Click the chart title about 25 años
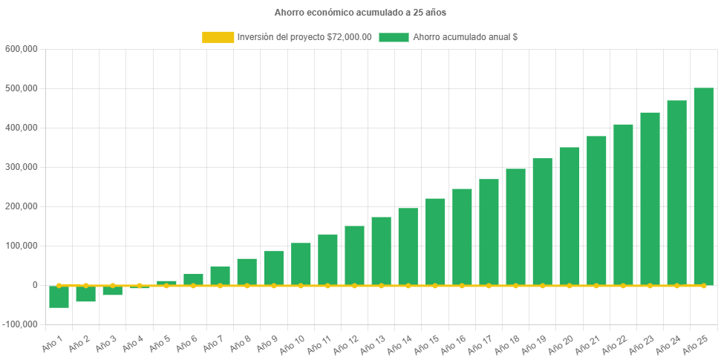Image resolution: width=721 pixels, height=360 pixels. point(360,13)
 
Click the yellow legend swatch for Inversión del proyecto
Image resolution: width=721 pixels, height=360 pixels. point(218,37)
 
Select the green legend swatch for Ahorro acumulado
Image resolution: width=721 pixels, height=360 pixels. point(394,37)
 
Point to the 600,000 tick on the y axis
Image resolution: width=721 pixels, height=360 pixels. point(22,49)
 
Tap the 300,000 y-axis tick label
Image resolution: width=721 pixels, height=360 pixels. point(22,167)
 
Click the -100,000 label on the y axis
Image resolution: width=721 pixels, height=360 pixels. point(20,324)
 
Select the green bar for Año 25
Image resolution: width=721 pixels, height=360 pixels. point(703,186)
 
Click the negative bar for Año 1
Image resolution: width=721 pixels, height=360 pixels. point(59,297)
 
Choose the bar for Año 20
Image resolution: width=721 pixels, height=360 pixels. point(569,215)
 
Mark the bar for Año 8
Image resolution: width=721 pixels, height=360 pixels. point(247,272)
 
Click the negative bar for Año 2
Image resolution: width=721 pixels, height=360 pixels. point(85,294)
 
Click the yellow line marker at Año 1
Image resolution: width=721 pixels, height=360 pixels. point(59,285)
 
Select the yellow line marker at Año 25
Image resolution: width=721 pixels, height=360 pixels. point(703,285)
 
